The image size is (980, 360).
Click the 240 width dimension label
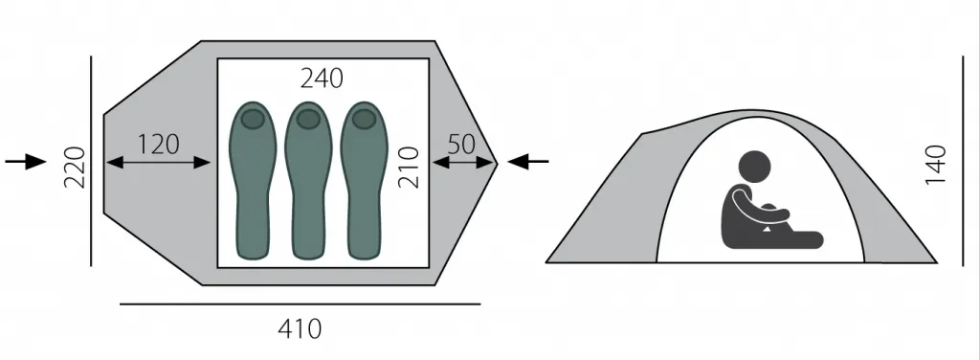click(x=322, y=79)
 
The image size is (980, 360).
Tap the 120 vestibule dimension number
click(x=158, y=145)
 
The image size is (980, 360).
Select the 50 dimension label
click(x=462, y=145)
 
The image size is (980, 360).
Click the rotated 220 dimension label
click(x=75, y=167)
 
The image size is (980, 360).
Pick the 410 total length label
click(x=300, y=328)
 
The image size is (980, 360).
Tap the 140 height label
click(x=936, y=165)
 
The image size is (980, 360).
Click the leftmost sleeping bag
click(x=253, y=180)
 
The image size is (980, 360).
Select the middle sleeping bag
click(x=308, y=180)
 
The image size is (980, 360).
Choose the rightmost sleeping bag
click(x=364, y=180)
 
